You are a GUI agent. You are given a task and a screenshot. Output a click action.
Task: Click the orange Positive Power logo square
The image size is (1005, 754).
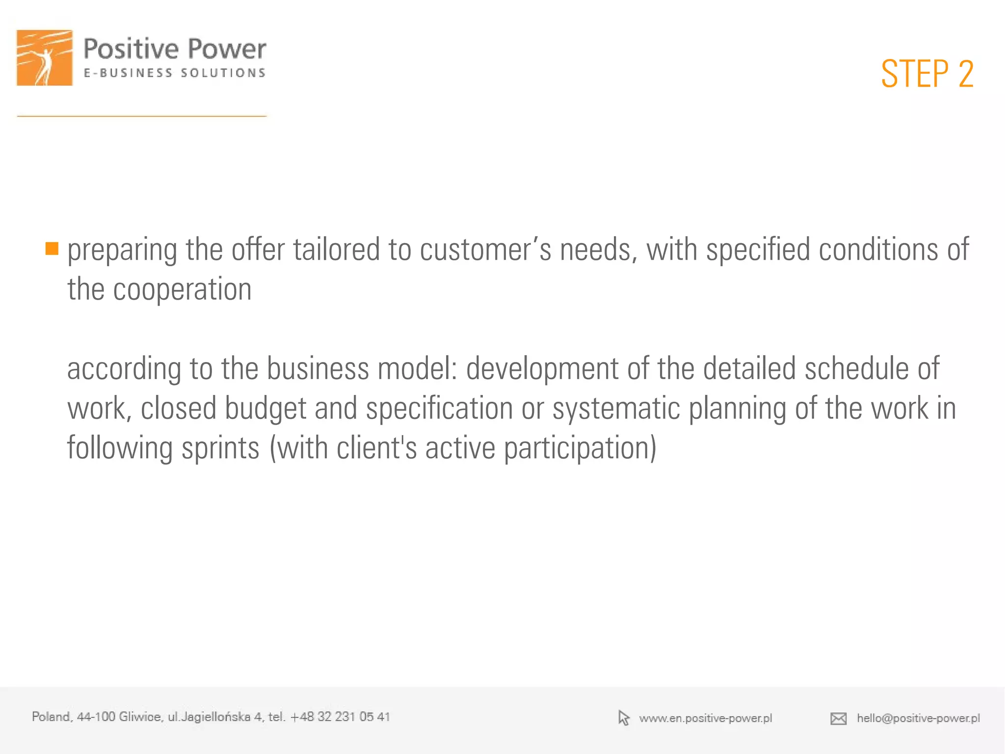[x=45, y=58]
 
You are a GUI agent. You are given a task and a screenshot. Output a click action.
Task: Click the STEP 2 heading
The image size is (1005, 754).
[x=926, y=74]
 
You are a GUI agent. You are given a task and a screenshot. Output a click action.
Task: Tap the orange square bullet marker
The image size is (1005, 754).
[x=52, y=249]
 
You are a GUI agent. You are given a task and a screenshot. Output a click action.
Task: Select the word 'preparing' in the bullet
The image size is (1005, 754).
[x=122, y=251]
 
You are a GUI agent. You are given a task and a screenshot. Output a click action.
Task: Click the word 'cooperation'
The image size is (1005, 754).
[x=182, y=289]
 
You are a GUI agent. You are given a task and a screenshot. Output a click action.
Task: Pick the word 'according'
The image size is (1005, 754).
[x=124, y=369]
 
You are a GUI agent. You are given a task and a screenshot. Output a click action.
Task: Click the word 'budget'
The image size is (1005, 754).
[x=265, y=409]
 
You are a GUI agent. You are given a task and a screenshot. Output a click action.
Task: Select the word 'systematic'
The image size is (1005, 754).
[x=616, y=409]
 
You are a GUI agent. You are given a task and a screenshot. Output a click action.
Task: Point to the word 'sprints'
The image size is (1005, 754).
[x=220, y=448]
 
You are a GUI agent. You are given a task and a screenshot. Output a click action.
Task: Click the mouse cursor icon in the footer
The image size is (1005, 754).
[x=623, y=718]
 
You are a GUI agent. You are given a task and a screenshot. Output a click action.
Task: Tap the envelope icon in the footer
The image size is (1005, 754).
[x=838, y=719]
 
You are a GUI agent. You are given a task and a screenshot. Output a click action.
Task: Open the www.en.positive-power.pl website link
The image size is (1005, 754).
[x=705, y=718]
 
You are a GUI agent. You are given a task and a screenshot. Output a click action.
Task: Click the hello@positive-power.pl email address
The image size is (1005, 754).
[x=918, y=718]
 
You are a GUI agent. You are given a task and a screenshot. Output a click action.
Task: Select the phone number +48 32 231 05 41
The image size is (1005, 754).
[x=340, y=717]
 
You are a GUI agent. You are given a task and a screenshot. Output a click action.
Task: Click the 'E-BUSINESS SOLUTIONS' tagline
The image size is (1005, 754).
[x=174, y=73]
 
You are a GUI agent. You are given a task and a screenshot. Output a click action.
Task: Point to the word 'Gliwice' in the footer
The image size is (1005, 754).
[x=140, y=717]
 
